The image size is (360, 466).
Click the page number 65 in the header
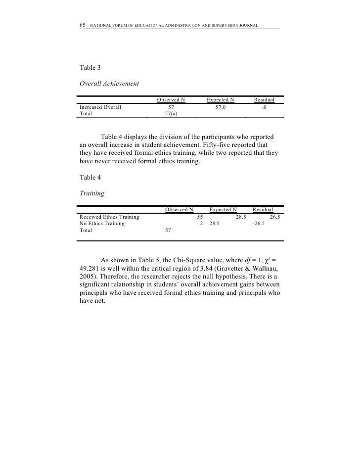(x=83, y=25)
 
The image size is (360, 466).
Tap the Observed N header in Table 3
(x=171, y=100)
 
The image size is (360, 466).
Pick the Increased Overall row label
(x=100, y=106)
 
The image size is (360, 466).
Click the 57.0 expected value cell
(x=217, y=106)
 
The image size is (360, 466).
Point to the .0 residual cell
(x=265, y=106)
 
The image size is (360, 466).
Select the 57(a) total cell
(x=171, y=113)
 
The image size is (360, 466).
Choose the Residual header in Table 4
(x=263, y=210)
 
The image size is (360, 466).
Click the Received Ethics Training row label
(x=109, y=217)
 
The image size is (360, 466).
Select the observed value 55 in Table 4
(x=200, y=217)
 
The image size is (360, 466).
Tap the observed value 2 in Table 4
(x=201, y=224)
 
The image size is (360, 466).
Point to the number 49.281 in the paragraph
(x=90, y=271)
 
